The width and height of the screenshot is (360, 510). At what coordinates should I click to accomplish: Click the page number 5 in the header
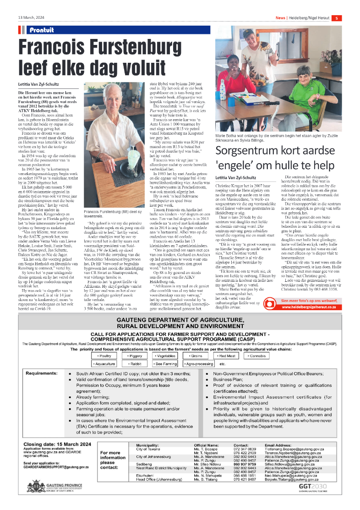point(336,18)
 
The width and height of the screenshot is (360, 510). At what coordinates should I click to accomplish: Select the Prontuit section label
point(41,30)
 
